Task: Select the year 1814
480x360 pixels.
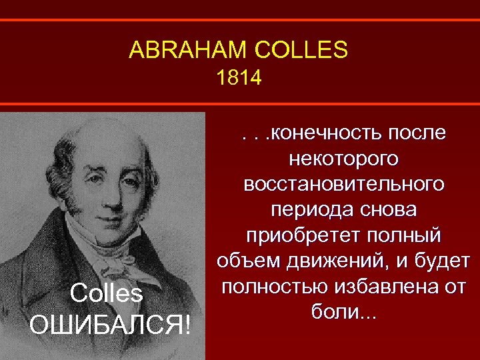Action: pyautogui.click(x=239, y=79)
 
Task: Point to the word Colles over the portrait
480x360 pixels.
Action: pyautogui.click(x=106, y=293)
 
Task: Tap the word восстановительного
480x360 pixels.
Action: pyautogui.click(x=344, y=185)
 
